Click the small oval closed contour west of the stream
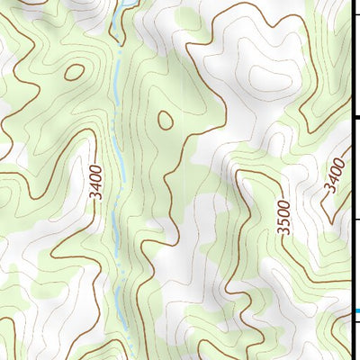coord(75,72)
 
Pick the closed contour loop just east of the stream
coord(166,118)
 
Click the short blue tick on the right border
coord(355,311)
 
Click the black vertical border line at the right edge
coord(352,180)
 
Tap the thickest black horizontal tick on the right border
coord(355,117)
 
